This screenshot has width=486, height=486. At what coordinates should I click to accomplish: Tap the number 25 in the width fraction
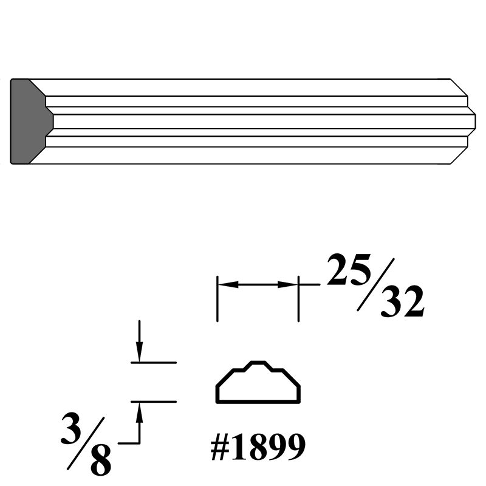(x=349, y=269)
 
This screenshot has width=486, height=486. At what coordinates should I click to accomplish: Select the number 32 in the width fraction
(x=402, y=301)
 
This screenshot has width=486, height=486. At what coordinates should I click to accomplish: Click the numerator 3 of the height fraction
(x=72, y=430)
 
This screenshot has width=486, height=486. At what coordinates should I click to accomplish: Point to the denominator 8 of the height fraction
(x=101, y=460)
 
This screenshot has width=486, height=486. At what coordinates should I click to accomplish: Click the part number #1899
(x=258, y=447)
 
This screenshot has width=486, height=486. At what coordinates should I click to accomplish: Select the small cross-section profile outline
(x=258, y=382)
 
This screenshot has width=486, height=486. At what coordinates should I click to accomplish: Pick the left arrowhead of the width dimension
(x=228, y=284)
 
